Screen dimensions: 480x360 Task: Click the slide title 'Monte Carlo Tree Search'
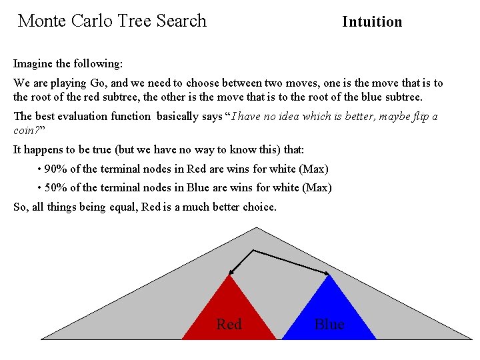[112, 21]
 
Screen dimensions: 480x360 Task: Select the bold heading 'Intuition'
[372, 22]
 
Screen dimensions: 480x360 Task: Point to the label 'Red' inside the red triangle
[229, 325]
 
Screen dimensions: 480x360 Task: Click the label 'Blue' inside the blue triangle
[329, 325]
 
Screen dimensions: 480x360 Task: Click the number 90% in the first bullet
[55, 169]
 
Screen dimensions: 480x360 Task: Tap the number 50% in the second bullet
[55, 188]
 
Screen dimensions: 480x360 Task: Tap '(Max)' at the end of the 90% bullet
[316, 169]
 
